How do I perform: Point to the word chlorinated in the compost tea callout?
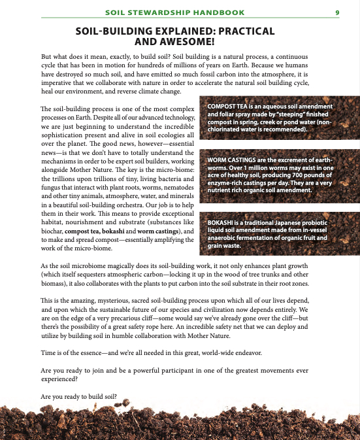coord(225,130)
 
